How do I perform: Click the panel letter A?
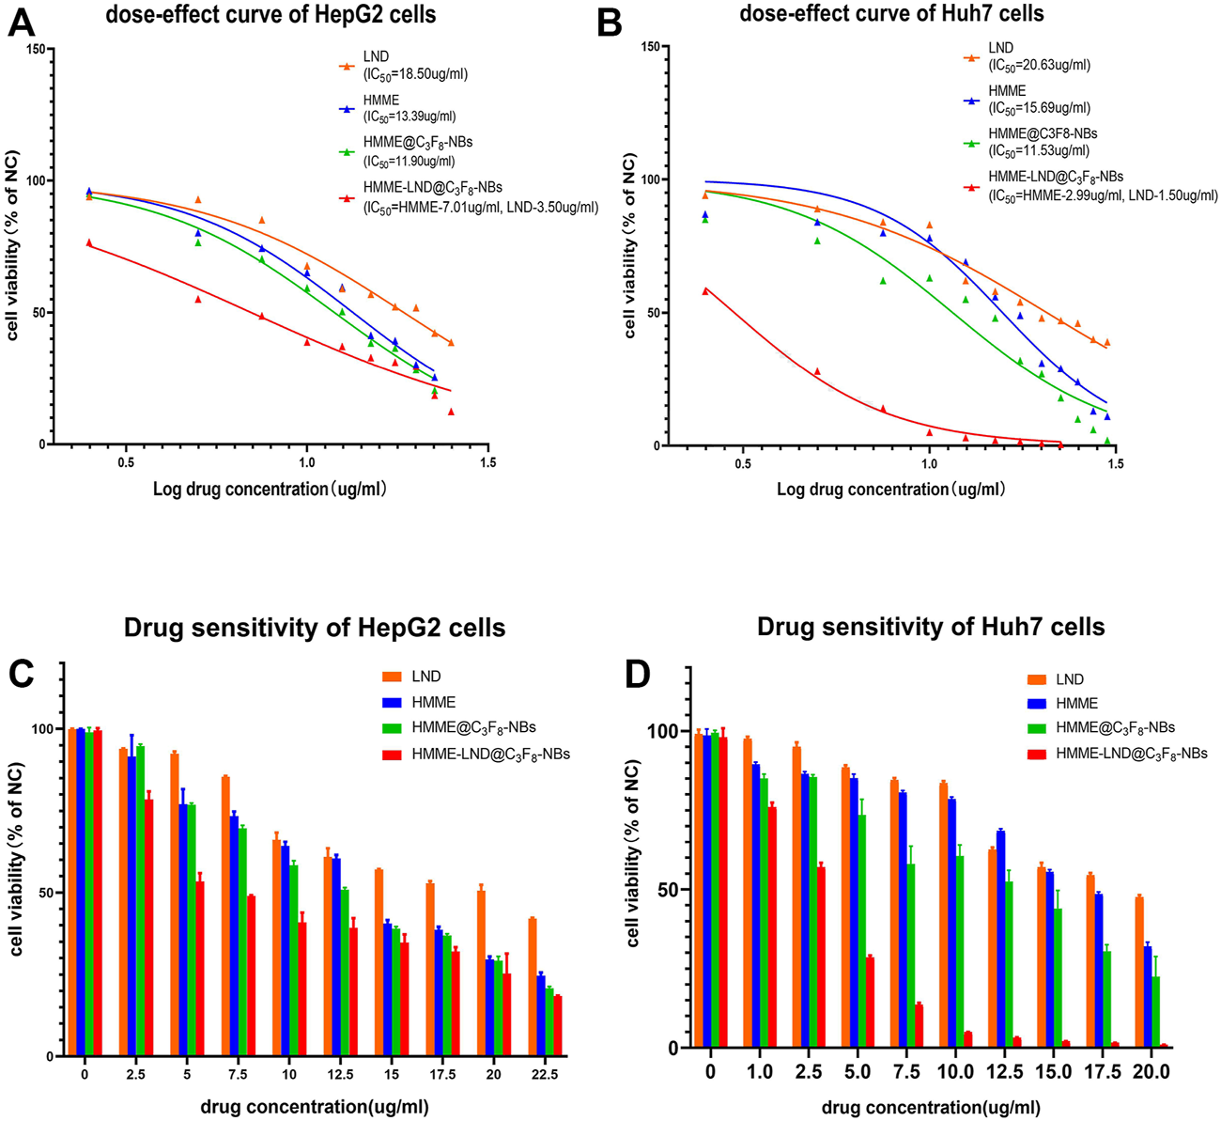tap(23, 21)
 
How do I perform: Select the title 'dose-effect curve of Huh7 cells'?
tap(891, 13)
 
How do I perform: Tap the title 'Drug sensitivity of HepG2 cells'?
tap(315, 627)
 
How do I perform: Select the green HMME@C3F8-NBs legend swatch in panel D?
tap(1035, 728)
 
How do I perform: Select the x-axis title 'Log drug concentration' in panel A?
tap(270, 489)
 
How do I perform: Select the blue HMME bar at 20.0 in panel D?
tap(1148, 996)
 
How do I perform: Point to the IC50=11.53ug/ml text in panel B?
tap(1040, 149)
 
